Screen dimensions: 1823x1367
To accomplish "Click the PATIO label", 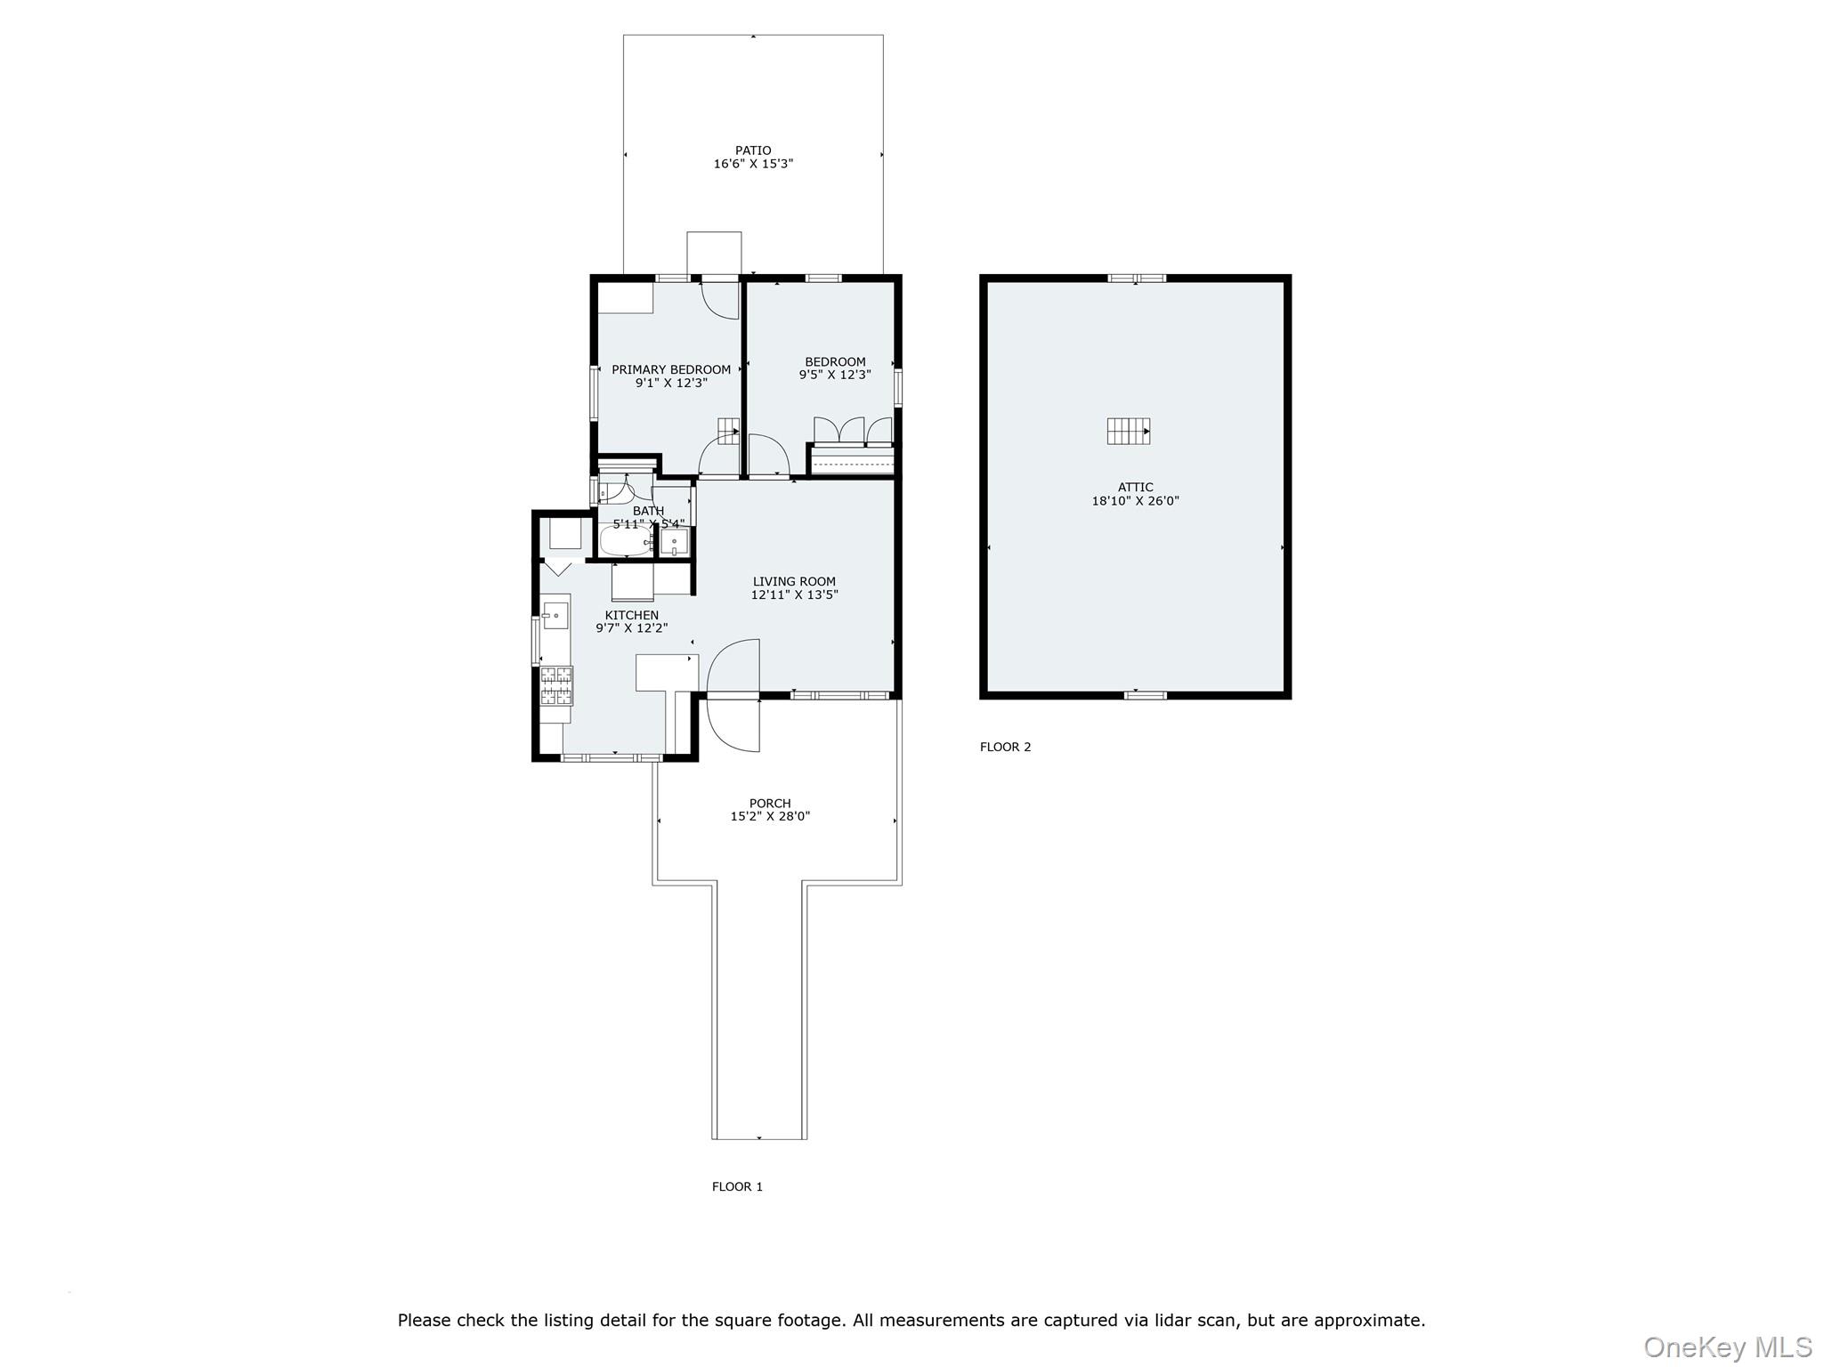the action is coord(753,150).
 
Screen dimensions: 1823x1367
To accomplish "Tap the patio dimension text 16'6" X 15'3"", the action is coord(753,164).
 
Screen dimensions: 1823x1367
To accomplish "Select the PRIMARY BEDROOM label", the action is coord(671,369).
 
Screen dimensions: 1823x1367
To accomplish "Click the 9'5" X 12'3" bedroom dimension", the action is coord(835,375).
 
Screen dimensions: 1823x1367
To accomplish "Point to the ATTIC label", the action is coord(1136,487).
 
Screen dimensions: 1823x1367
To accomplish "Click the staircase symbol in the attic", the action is coord(1129,431).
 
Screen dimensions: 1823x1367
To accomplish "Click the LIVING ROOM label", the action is coord(794,581).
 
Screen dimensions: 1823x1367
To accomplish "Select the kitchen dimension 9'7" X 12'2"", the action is coord(632,628).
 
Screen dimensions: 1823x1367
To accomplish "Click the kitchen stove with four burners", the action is coord(556,685).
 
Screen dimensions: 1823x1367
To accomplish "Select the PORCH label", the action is coord(770,803).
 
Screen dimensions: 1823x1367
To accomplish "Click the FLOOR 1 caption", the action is coord(737,1186).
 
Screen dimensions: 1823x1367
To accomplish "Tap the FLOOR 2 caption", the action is coord(1006,747).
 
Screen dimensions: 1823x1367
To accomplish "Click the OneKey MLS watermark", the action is coord(1728,1347).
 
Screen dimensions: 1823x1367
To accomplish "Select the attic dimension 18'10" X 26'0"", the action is coord(1136,501).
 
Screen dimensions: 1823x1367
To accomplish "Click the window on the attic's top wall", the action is coord(1137,279).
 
